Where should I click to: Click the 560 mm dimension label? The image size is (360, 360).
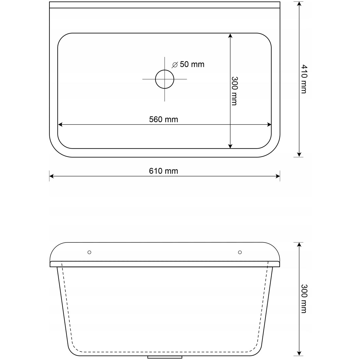(x=163, y=119)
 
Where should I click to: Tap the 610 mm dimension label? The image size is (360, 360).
(x=163, y=171)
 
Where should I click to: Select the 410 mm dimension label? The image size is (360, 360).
(x=304, y=79)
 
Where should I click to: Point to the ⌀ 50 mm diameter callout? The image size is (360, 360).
(x=188, y=64)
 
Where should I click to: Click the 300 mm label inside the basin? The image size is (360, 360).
(x=234, y=91)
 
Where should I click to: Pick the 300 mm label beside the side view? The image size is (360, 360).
(x=304, y=299)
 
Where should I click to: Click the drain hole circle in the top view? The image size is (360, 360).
(x=165, y=79)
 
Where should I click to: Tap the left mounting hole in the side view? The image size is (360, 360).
(x=89, y=252)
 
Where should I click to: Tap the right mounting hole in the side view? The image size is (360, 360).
(x=240, y=252)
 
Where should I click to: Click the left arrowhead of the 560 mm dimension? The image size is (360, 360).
(x=60, y=125)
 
